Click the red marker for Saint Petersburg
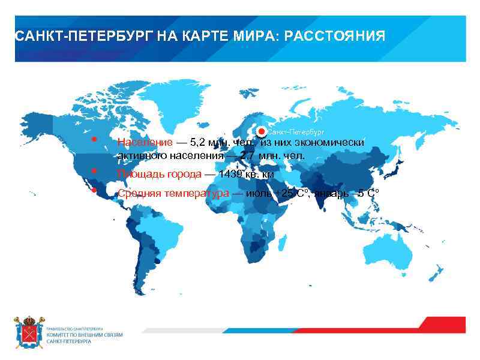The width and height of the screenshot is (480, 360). [x=261, y=131]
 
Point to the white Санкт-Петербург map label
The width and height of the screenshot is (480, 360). [x=296, y=131]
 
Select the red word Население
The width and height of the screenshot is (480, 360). [x=144, y=143]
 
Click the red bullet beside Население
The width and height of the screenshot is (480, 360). [x=94, y=139]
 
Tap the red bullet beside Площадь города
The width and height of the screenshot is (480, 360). [x=94, y=171]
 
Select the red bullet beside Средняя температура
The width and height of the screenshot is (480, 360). [x=94, y=190]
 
